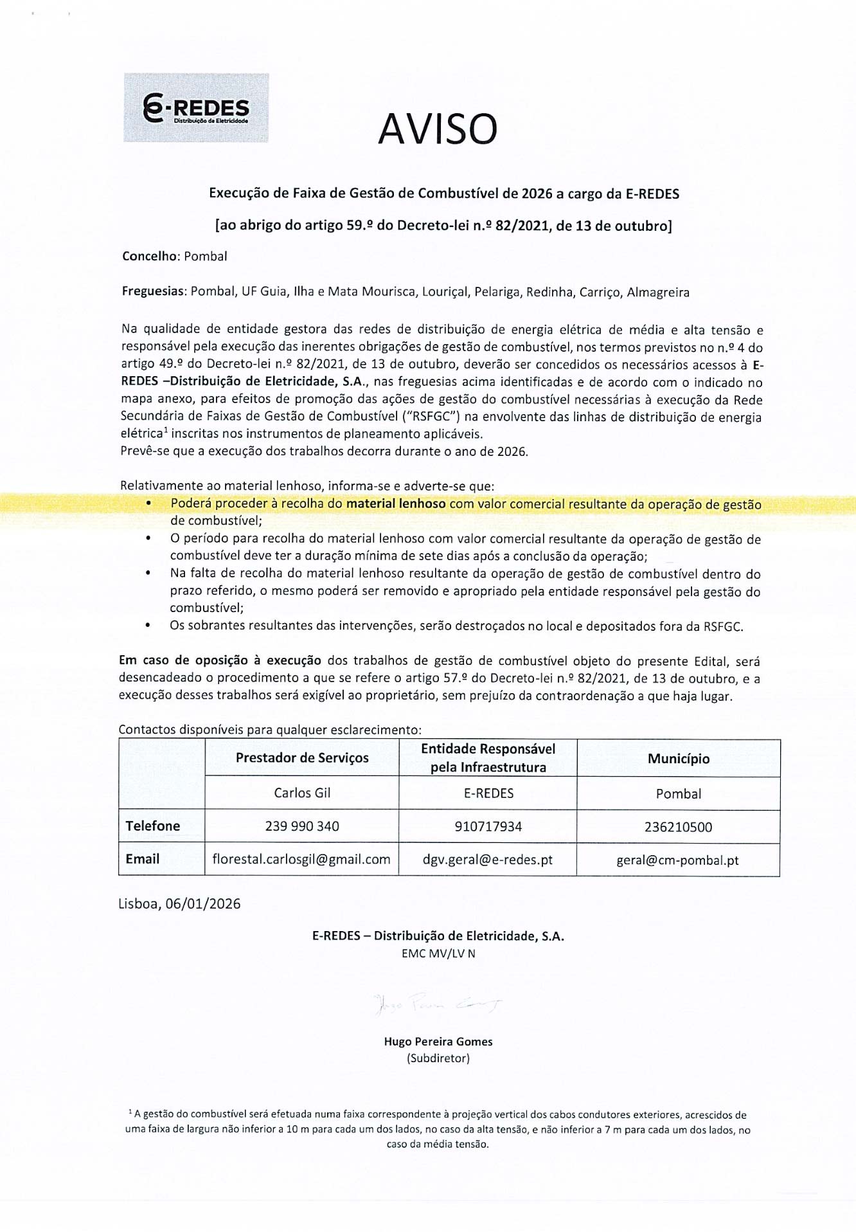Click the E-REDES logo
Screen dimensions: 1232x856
(x=196, y=108)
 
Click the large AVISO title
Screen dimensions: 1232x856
(x=438, y=129)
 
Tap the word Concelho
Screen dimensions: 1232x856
(x=149, y=256)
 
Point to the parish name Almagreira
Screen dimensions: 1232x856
(x=657, y=292)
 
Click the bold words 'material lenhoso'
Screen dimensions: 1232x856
(x=395, y=503)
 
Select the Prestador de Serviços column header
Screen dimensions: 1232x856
(x=302, y=757)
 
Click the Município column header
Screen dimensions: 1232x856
(x=679, y=758)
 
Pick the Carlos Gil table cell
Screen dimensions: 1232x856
(x=302, y=793)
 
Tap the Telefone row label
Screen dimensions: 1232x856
(x=153, y=826)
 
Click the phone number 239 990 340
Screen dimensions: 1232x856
(x=302, y=826)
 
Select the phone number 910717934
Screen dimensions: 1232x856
(x=488, y=826)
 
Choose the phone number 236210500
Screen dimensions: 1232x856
(x=679, y=827)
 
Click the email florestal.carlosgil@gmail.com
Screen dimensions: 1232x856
(x=301, y=859)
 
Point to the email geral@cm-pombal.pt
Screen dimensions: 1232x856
(x=677, y=860)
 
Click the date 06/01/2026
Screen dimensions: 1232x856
(x=203, y=903)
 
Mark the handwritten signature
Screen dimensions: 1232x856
(x=437, y=1004)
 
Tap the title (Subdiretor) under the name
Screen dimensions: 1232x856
(x=438, y=1058)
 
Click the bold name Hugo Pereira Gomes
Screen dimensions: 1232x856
(x=438, y=1041)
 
